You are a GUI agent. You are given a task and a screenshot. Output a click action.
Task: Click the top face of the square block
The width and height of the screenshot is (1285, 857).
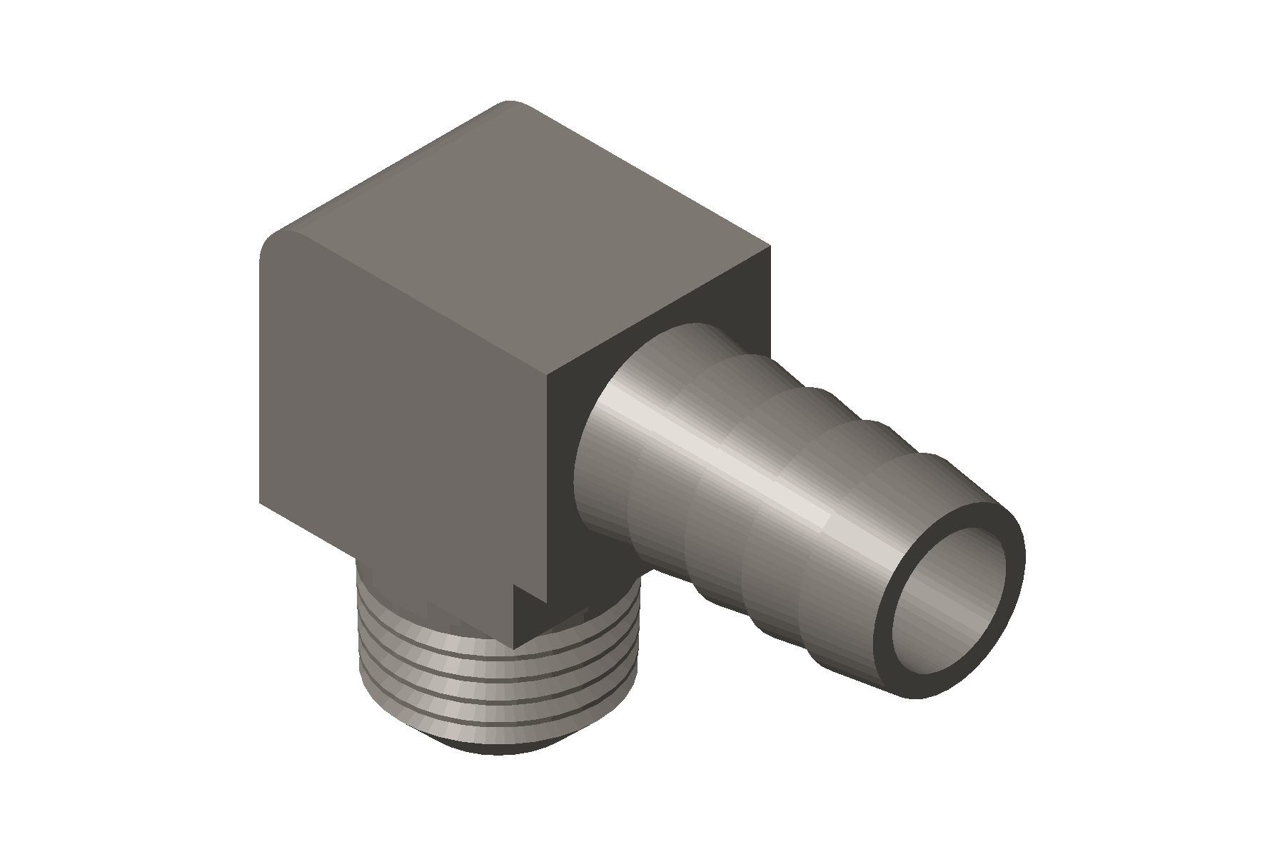(514, 236)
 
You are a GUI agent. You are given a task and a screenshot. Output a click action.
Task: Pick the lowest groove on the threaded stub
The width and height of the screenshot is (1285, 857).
(500, 721)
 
